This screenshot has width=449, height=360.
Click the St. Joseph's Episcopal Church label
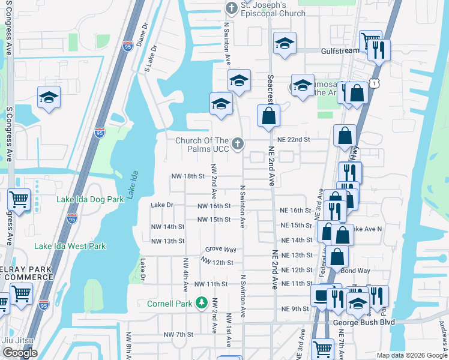coord(273,9)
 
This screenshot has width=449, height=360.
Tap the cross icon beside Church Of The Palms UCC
coord(238,143)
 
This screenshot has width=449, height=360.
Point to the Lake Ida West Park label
coord(70,246)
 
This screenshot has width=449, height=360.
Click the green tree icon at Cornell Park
coord(203,303)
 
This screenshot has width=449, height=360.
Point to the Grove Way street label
coord(220,249)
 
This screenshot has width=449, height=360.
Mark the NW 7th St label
coord(178,334)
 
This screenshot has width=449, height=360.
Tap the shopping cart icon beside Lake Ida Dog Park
coord(19,199)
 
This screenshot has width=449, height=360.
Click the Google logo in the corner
coord(20,353)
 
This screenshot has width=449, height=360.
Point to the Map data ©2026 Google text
coord(411,355)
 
